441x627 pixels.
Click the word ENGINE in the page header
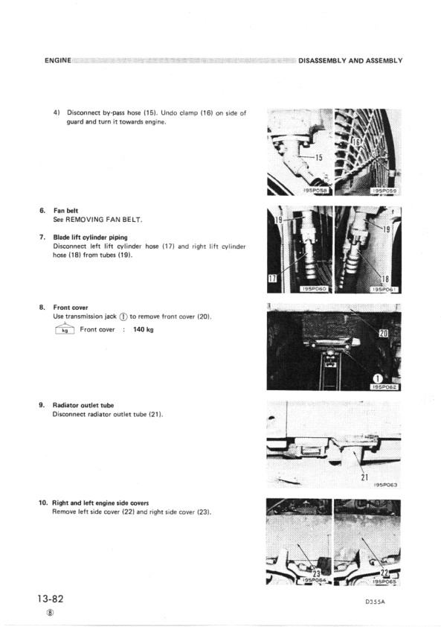tap(57, 60)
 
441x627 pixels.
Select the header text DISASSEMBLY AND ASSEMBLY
tap(350, 60)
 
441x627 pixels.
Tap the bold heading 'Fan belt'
tap(67, 211)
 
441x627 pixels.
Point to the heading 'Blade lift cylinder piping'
tap(90, 238)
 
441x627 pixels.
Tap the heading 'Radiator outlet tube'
tap(83, 405)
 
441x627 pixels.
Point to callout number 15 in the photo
tap(317, 157)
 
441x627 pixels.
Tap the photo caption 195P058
tap(312, 189)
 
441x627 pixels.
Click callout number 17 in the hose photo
tap(272, 279)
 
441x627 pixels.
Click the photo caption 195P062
tap(384, 386)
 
